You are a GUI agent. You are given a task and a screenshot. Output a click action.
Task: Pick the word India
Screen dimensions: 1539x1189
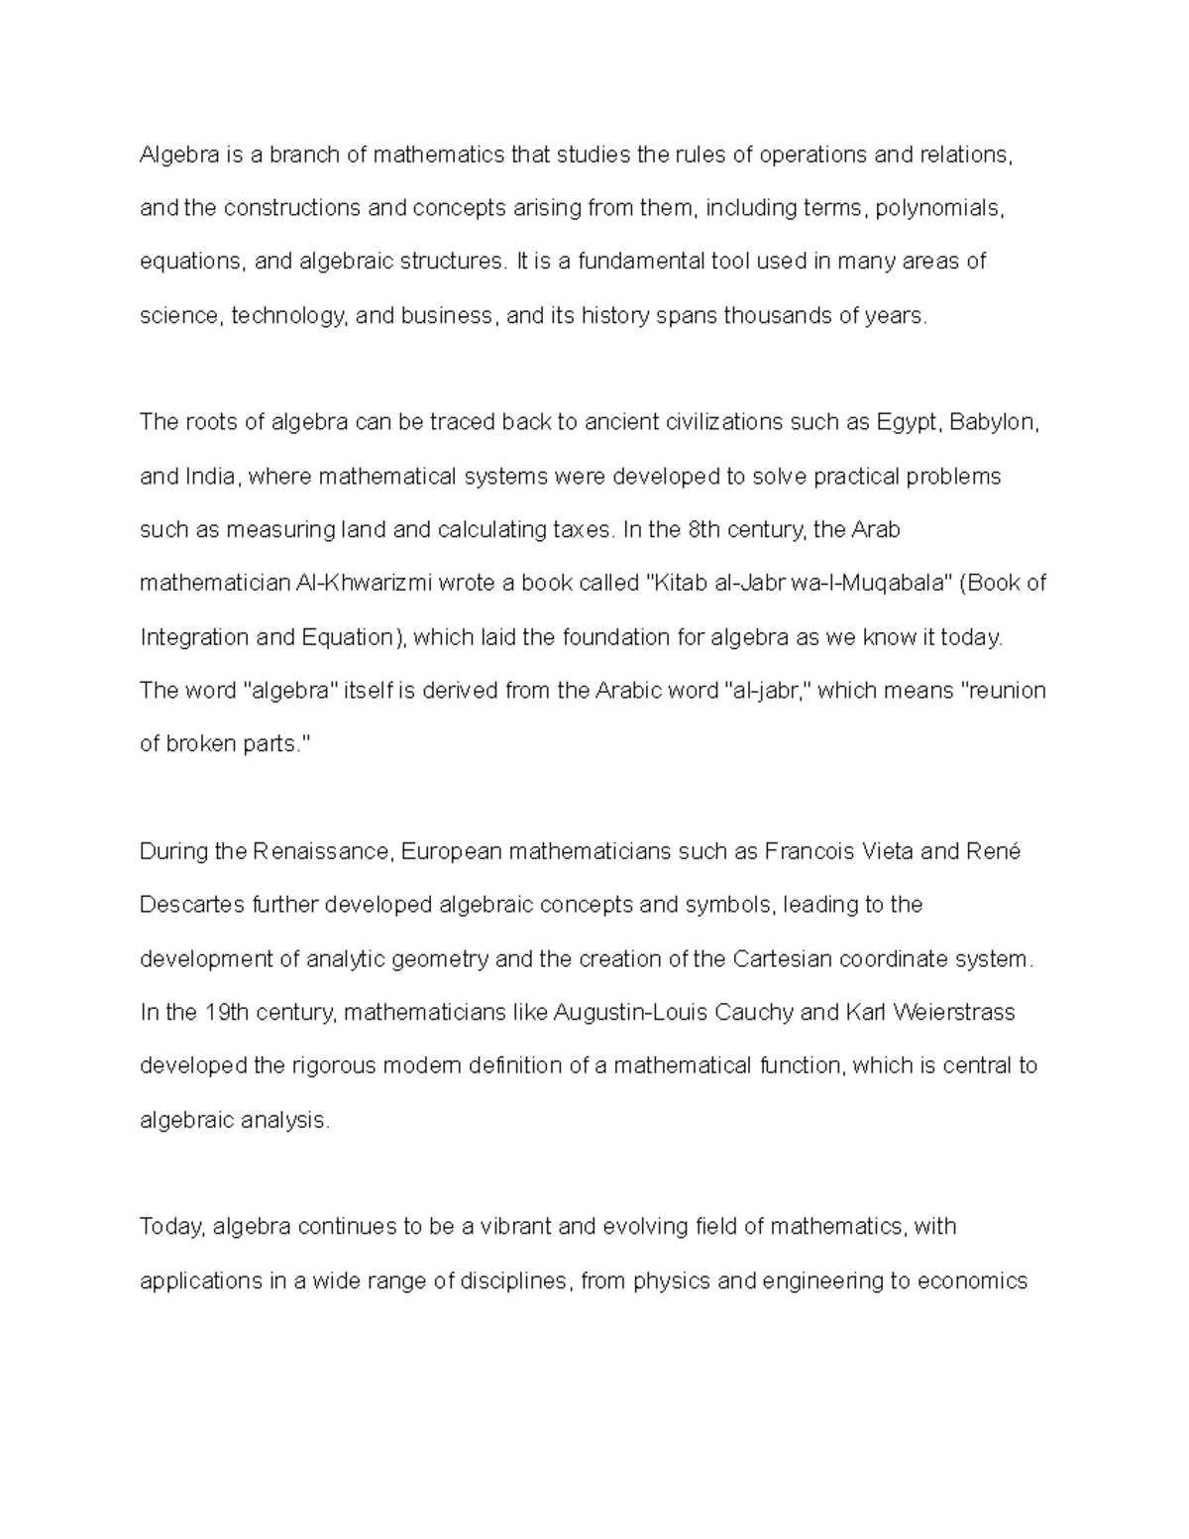click(x=211, y=477)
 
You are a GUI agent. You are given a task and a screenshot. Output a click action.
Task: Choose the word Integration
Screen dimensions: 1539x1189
click(x=195, y=637)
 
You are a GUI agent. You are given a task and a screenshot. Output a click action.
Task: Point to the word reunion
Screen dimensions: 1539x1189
click(x=1005, y=691)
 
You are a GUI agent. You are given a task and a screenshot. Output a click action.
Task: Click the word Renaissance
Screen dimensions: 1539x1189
click(x=324, y=852)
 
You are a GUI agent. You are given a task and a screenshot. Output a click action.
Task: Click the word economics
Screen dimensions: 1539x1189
click(x=972, y=1280)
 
